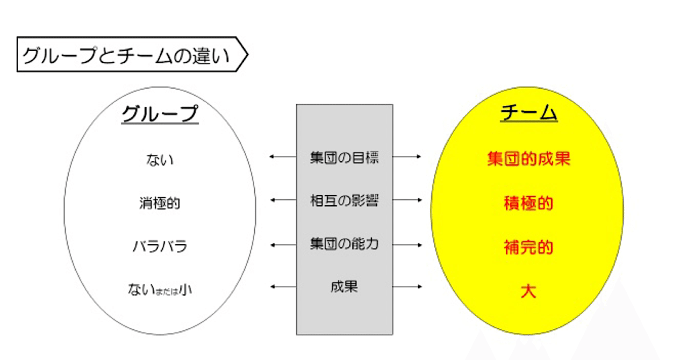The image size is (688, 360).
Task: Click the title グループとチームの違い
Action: point(126,55)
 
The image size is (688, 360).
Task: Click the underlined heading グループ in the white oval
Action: point(160,114)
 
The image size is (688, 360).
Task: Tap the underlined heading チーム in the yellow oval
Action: point(528,112)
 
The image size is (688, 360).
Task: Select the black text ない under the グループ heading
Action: point(160,160)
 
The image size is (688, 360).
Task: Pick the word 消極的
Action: point(160,203)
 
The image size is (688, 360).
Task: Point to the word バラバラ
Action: point(160,246)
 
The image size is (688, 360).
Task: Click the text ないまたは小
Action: point(160,290)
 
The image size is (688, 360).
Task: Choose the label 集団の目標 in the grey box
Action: point(345,157)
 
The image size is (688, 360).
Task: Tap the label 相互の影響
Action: point(345,200)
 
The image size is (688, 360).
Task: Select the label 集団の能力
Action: point(345,244)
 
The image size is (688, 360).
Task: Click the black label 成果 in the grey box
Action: point(345,287)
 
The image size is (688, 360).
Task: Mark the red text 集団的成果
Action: point(528,159)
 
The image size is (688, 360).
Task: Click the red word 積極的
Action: point(528,203)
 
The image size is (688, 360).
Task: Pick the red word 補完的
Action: point(528,247)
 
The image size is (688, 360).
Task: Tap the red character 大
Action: point(528,291)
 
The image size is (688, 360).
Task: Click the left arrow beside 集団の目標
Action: point(283,157)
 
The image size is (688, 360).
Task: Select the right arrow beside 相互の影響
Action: point(407,200)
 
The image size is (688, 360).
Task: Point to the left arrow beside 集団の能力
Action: point(283,245)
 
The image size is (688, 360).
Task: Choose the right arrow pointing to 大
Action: point(407,286)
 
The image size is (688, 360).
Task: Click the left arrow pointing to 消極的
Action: point(283,200)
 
